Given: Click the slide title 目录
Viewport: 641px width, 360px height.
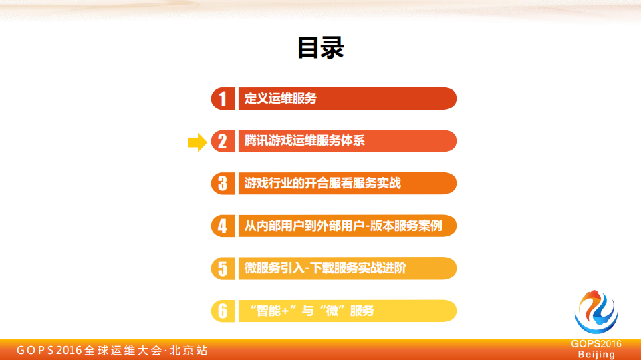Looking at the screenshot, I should click(x=321, y=48).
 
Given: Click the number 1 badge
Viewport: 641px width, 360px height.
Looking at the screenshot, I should click(x=223, y=99).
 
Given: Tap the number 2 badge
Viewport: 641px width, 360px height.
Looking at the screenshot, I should click(x=223, y=141).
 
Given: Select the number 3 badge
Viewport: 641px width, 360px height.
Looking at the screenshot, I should click(x=223, y=183).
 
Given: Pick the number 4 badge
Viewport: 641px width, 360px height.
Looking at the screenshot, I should click(x=223, y=226).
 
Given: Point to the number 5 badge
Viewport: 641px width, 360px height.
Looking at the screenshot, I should click(x=223, y=268).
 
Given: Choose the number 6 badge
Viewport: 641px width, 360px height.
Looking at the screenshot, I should click(x=223, y=311).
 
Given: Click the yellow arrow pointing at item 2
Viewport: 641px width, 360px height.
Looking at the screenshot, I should click(x=197, y=141).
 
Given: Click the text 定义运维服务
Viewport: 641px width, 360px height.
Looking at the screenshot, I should click(x=281, y=99).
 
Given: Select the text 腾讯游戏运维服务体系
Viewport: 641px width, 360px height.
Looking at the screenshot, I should click(x=305, y=141).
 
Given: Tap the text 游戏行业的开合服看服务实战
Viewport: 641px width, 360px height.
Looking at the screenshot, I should click(x=323, y=183).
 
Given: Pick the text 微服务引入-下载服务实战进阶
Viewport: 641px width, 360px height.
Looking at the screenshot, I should click(x=326, y=268).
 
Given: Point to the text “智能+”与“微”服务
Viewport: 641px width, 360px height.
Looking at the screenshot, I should click(x=311, y=311).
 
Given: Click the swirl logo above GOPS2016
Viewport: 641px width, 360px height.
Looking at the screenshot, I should click(x=596, y=313).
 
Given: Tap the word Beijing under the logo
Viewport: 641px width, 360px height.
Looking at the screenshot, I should click(x=596, y=355).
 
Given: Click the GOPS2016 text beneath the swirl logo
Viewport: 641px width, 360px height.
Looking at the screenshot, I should click(x=596, y=344).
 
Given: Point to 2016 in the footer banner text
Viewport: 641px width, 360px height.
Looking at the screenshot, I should click(x=70, y=350).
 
